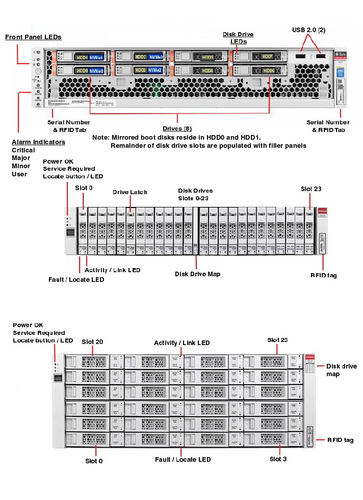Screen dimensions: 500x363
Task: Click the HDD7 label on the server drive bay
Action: click(x=268, y=57)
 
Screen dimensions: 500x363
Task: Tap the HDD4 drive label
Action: click(x=208, y=70)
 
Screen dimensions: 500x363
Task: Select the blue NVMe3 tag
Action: click(x=155, y=57)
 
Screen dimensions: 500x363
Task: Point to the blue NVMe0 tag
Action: click(x=96, y=71)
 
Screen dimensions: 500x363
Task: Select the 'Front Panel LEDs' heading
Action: click(x=33, y=37)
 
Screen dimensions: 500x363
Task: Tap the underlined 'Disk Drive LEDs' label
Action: click(x=238, y=38)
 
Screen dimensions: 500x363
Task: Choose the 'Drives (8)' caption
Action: click(x=177, y=128)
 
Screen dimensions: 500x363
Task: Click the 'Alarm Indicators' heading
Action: click(x=38, y=142)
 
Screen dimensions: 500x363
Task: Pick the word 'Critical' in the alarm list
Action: click(x=23, y=150)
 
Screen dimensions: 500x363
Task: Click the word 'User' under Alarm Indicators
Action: click(x=19, y=174)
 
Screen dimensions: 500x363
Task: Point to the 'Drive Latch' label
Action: click(x=130, y=192)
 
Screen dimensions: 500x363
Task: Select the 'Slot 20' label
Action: click(x=92, y=341)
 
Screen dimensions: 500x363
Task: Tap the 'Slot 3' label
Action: click(x=278, y=459)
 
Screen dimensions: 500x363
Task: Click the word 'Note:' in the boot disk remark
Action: click(x=100, y=138)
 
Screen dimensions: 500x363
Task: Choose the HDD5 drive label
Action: click(x=208, y=57)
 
